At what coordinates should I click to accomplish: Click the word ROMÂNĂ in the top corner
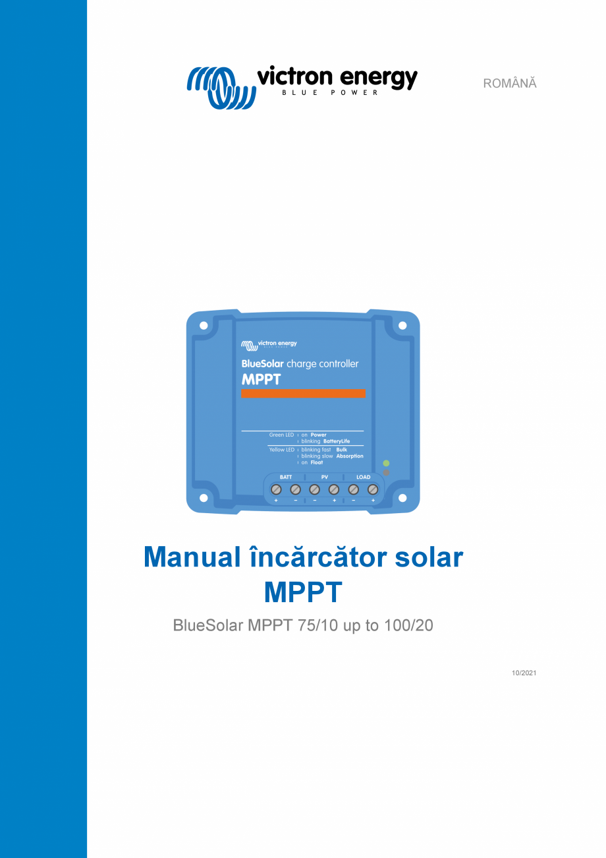(510, 84)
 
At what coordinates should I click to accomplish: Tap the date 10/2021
(524, 673)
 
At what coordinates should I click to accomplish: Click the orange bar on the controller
(303, 394)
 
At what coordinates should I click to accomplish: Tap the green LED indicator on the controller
(386, 464)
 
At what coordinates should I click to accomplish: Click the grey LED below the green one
(386, 472)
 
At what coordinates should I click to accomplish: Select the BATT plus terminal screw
(277, 489)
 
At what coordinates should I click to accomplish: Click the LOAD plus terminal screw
(372, 489)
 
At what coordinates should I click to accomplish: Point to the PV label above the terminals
(324, 477)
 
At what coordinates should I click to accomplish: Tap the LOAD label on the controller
(363, 477)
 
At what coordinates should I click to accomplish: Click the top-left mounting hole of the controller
(204, 326)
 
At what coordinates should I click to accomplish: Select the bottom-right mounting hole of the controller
(402, 498)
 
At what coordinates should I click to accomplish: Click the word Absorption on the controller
(349, 456)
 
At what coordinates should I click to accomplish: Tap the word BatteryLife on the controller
(337, 441)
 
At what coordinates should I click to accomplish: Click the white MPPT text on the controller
(262, 379)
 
